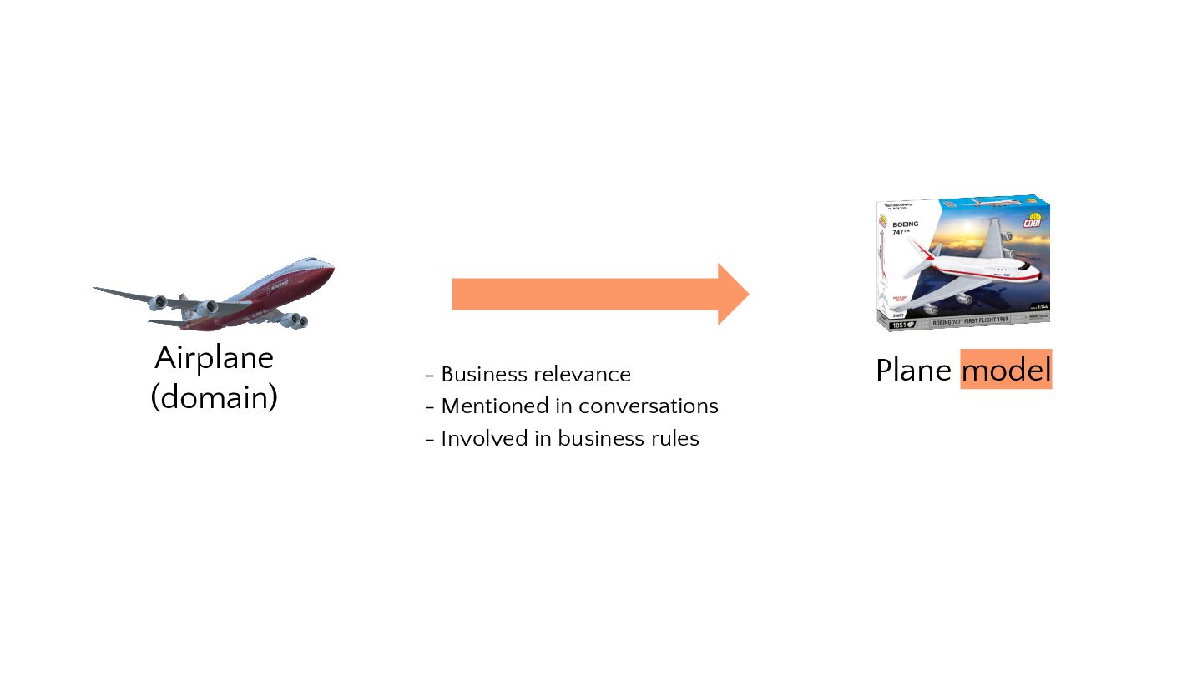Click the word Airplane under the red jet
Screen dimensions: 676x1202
pos(215,359)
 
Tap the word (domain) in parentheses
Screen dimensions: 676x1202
pos(214,397)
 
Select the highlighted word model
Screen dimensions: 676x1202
pos(1006,370)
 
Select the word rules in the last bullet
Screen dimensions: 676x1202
pos(677,438)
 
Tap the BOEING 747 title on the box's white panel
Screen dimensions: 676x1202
pos(905,227)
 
